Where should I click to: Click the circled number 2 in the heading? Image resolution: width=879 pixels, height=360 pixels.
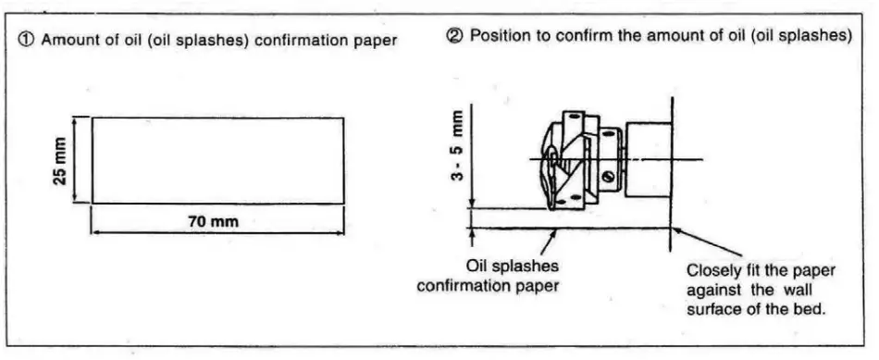pyautogui.click(x=456, y=36)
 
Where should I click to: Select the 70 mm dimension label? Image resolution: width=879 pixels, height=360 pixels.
pyautogui.click(x=216, y=222)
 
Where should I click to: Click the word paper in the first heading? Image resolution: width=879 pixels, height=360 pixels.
pyautogui.click(x=376, y=41)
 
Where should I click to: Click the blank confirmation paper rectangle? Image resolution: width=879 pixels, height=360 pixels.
pyautogui.click(x=217, y=159)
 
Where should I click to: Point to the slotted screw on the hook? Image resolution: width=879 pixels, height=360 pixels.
pyautogui.click(x=607, y=176)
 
